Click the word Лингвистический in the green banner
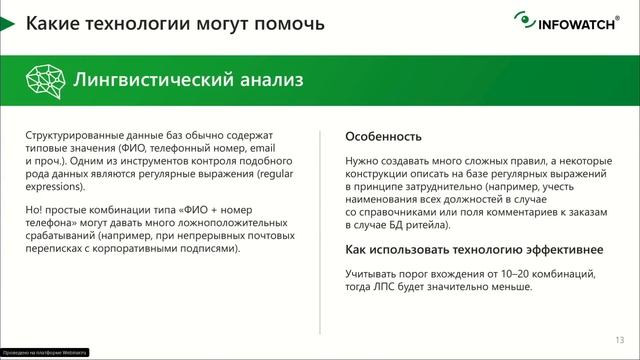click(129, 78)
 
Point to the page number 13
click(619, 338)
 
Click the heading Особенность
click(383, 136)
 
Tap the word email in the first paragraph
click(272, 148)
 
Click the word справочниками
click(400, 212)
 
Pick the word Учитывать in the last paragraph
click(370, 273)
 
